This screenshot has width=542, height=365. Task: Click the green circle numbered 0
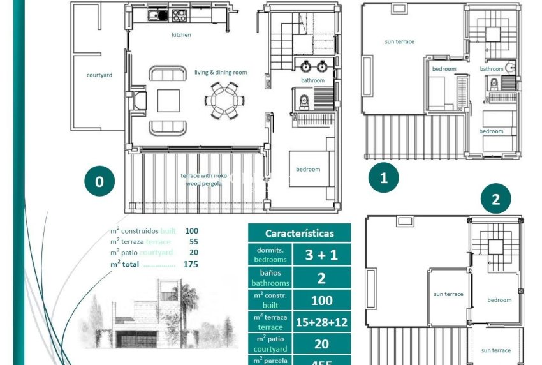(x=99, y=182)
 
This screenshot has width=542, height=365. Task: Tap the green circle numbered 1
(x=383, y=178)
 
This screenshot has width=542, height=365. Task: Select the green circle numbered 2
(x=496, y=200)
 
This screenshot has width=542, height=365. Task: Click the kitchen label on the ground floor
(x=181, y=35)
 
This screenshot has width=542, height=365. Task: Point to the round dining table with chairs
(x=223, y=100)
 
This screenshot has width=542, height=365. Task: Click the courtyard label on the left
(x=99, y=75)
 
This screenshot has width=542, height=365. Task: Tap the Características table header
(x=299, y=234)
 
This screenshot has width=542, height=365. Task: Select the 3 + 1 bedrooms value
(x=321, y=255)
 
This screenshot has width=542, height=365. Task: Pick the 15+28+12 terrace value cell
(x=321, y=322)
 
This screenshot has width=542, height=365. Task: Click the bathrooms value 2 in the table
(x=321, y=278)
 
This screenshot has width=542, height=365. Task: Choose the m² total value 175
(x=190, y=264)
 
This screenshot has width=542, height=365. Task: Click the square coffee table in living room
(x=169, y=100)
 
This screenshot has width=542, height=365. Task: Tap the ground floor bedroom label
(x=307, y=169)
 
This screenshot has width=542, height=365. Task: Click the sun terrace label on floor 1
(x=399, y=42)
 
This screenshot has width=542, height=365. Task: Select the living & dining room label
(x=221, y=73)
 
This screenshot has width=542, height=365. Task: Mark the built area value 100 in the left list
(x=191, y=230)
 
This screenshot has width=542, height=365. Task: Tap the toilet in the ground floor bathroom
(x=304, y=100)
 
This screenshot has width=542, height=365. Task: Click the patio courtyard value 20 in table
(x=321, y=345)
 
